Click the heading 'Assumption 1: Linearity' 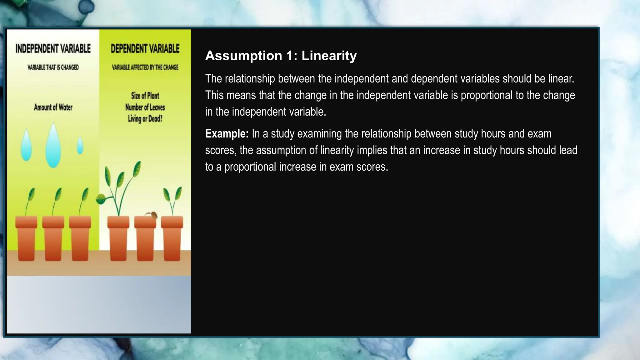pos(281,56)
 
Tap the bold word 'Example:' pos(227,134)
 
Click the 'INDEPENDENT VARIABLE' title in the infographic pos(53,49)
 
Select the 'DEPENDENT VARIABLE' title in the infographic pos(145,49)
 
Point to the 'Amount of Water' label pos(53,107)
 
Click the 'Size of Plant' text pos(145,96)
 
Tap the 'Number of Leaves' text pos(145,107)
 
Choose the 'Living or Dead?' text pos(145,119)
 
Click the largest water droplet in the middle pos(53,147)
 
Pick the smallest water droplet pos(80,145)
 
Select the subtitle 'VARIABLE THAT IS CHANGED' pos(53,67)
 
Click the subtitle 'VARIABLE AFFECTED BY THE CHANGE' pos(145,67)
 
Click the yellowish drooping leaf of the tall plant pos(101,199)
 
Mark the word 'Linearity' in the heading pos(329,56)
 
